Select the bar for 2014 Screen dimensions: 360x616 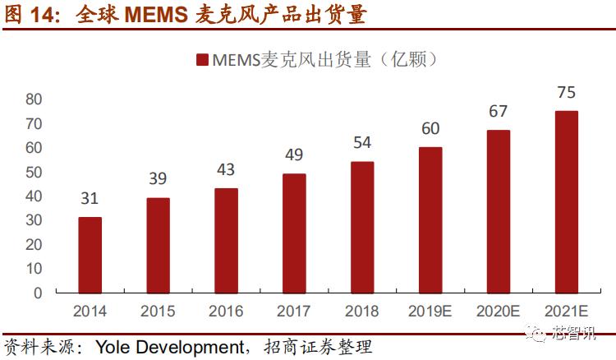click(90, 255)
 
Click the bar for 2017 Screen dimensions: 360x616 click(294, 233)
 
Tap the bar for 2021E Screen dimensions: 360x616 click(566, 201)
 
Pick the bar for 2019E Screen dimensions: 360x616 click(430, 219)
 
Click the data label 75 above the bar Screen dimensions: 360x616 click(566, 92)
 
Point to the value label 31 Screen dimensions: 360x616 click(90, 198)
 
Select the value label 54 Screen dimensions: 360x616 click(362, 142)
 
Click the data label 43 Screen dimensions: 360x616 click(226, 169)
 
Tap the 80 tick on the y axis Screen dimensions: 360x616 click(34, 99)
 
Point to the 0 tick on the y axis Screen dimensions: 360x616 click(38, 293)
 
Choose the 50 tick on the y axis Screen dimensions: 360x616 click(34, 172)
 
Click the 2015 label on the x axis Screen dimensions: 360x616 click(158, 312)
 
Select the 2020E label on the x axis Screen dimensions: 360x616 click(498, 312)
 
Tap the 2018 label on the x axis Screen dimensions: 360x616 click(362, 312)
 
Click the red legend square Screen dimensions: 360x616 click(202, 60)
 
